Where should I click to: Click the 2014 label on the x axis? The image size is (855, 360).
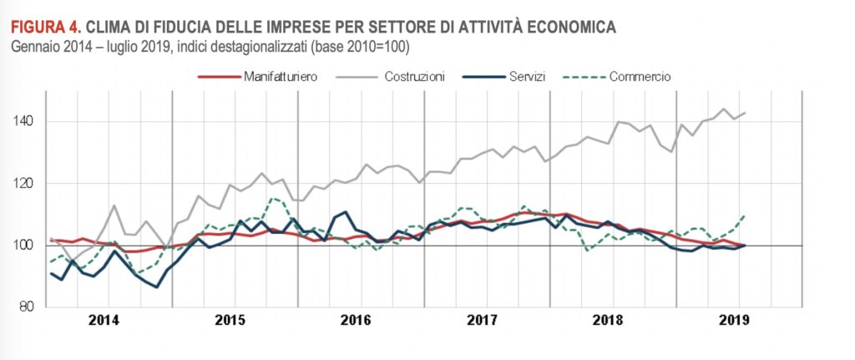104,320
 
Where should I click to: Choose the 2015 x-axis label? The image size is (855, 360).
230,320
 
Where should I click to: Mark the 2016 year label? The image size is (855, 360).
356,320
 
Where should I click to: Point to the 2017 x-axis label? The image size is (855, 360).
482,320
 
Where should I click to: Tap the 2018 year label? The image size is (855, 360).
608,320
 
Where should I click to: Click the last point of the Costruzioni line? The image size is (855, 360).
745,113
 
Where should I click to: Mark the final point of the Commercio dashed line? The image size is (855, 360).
745,215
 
